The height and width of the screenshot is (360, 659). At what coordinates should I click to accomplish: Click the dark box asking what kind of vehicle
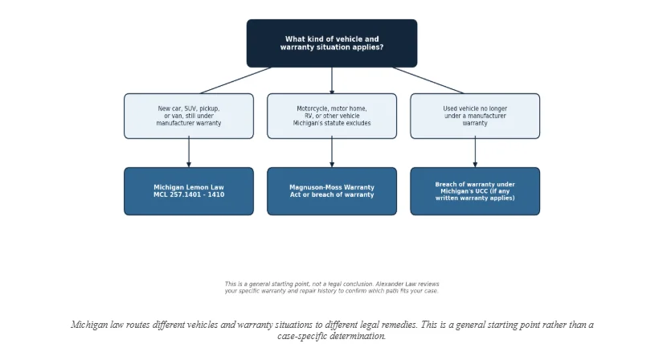(332, 43)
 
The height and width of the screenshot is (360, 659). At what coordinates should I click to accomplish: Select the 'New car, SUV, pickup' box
(189, 116)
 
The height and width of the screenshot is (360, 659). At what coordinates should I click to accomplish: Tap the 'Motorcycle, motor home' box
(332, 116)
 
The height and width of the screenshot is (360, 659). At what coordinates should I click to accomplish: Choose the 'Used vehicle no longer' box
(475, 116)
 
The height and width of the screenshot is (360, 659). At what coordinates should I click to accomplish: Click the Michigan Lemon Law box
(189, 191)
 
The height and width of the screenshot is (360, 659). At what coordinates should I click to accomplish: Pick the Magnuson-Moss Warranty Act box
(332, 191)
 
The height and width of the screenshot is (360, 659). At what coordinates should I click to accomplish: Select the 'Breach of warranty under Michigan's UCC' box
(475, 191)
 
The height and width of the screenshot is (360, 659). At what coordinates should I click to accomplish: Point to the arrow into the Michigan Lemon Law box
(189, 152)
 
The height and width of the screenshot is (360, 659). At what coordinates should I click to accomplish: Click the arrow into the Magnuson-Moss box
(332, 152)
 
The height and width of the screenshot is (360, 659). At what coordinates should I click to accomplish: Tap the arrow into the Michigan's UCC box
(475, 152)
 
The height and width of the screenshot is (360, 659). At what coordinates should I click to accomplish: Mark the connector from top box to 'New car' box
(235, 80)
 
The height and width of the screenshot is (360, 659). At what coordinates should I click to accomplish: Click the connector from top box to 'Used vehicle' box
(428, 80)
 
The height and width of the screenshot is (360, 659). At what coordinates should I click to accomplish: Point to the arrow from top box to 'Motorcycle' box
(332, 80)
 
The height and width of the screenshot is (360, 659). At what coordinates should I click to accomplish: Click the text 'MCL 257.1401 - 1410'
(189, 195)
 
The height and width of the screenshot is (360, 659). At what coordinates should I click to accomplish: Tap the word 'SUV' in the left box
(190, 108)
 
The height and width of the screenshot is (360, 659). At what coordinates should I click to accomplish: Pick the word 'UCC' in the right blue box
(481, 191)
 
